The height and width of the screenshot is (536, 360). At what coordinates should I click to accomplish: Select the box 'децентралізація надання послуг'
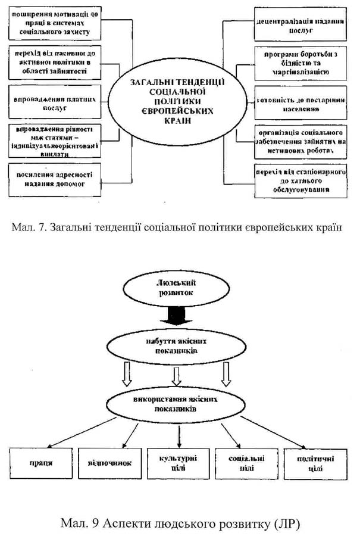(293, 23)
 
